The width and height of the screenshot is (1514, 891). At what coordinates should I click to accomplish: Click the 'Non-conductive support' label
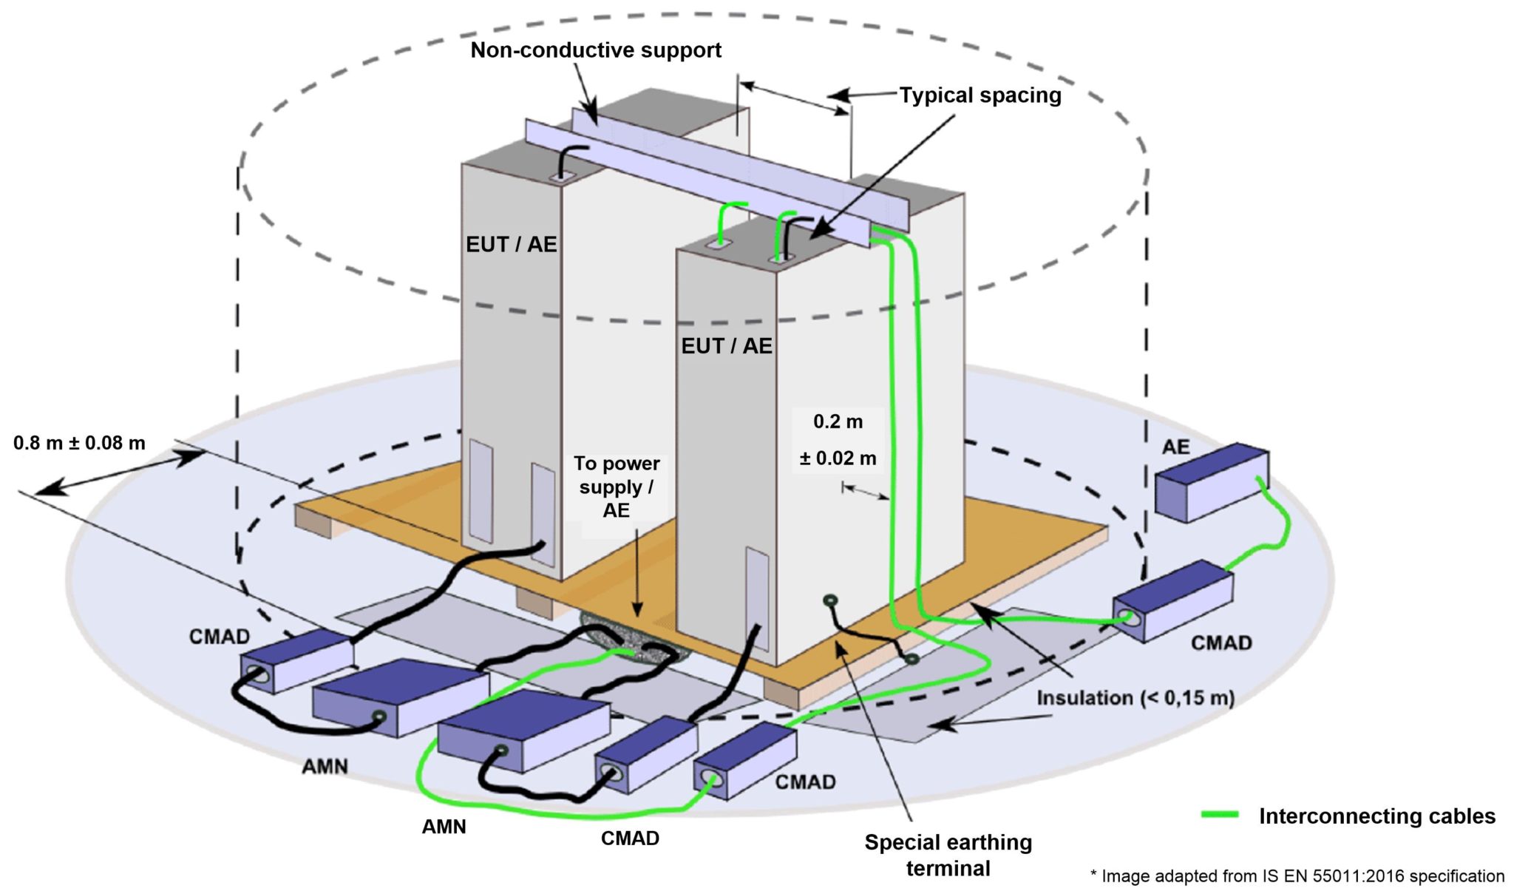pos(596,50)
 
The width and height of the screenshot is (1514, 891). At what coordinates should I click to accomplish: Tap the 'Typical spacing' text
pos(980,95)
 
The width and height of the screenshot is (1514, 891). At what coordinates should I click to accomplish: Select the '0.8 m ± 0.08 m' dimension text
pos(79,443)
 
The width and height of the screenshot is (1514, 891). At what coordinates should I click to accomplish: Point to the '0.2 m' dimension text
pos(838,422)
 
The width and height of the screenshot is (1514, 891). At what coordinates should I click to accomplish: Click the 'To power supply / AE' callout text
pos(617,487)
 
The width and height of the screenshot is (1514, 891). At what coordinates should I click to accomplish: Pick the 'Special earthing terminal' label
pos(948,855)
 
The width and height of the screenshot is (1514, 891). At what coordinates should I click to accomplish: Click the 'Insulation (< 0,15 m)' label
pos(1135,698)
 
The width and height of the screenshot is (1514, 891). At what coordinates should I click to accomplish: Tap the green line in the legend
pos(1220,815)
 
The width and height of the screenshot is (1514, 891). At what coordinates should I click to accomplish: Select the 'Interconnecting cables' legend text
pos(1376,816)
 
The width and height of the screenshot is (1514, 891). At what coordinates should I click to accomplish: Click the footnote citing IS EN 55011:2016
pos(1297,876)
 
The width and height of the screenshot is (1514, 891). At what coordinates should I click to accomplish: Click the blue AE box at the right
pos(1212,482)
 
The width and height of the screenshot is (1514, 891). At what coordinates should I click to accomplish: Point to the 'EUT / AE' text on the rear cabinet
pos(511,245)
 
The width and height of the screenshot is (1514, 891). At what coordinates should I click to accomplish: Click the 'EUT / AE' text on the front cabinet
pos(726,346)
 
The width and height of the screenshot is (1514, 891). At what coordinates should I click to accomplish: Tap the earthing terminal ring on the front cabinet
pos(830,600)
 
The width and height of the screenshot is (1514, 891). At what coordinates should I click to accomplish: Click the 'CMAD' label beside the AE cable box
pos(1221,643)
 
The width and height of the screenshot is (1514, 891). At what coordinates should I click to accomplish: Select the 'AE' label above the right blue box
pos(1175,447)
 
